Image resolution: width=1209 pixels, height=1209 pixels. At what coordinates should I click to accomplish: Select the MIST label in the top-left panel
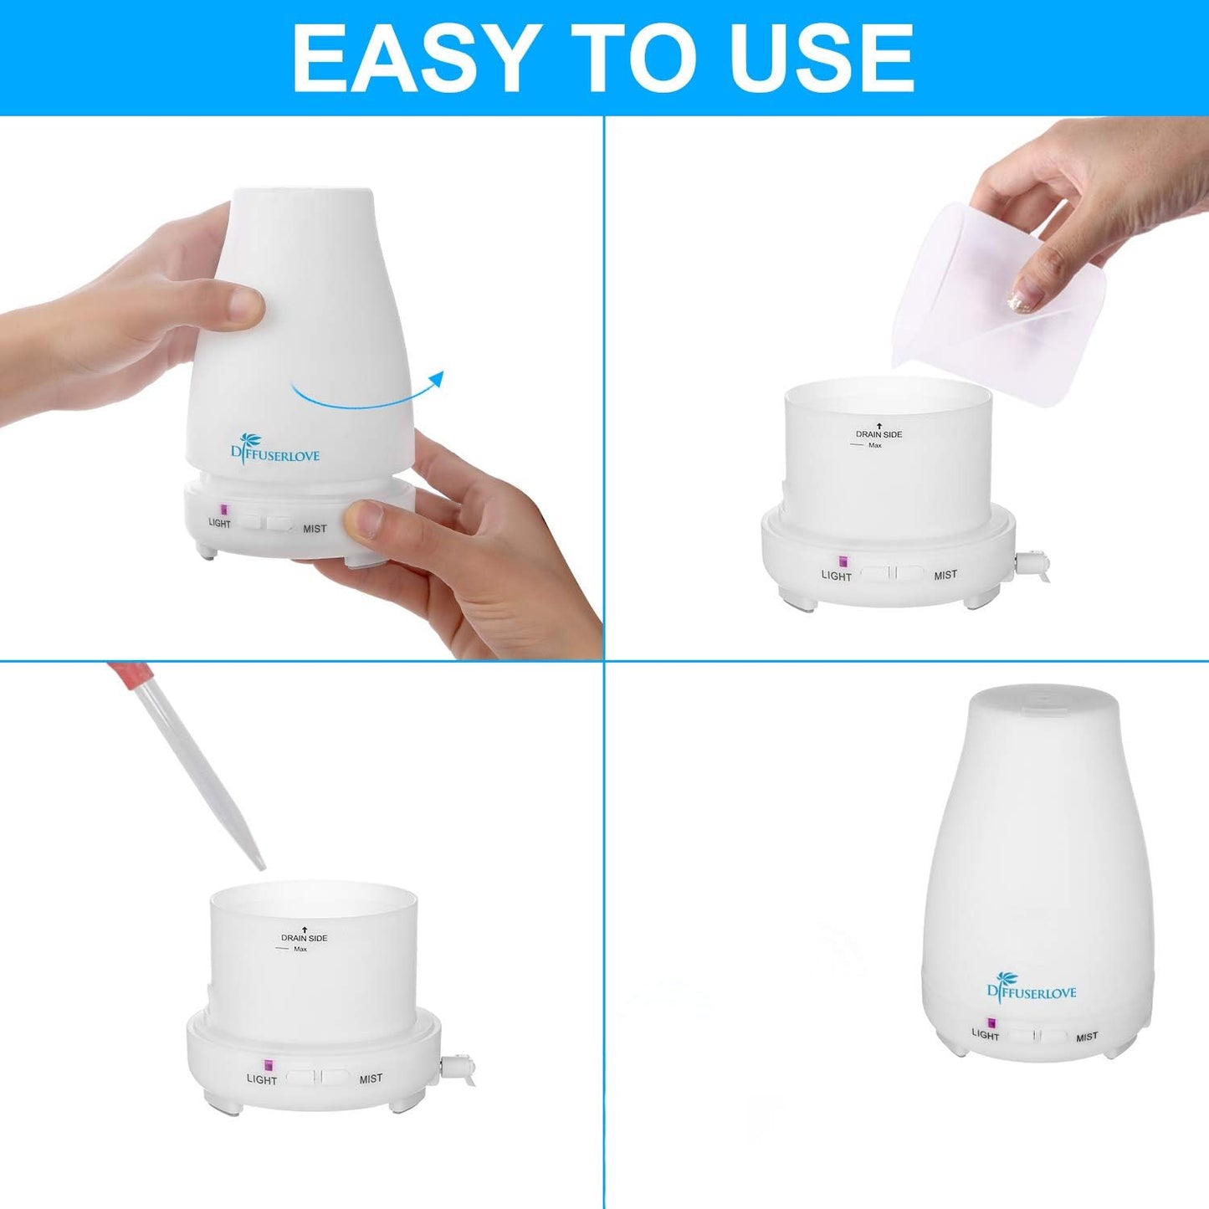[315, 529]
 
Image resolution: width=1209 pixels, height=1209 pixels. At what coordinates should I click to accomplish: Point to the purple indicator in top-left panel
[223, 509]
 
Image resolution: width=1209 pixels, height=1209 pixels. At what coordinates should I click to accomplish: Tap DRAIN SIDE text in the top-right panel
[879, 434]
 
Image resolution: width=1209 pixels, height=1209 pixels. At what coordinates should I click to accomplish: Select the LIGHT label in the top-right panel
[836, 576]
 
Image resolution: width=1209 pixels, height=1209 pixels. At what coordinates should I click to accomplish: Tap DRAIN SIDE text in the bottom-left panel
[304, 938]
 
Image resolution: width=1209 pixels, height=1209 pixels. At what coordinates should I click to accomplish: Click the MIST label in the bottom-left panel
[371, 1078]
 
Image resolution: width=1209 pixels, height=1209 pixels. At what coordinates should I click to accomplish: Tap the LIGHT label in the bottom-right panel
[986, 1035]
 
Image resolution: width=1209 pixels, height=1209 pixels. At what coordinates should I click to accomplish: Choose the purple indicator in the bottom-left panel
[269, 1065]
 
